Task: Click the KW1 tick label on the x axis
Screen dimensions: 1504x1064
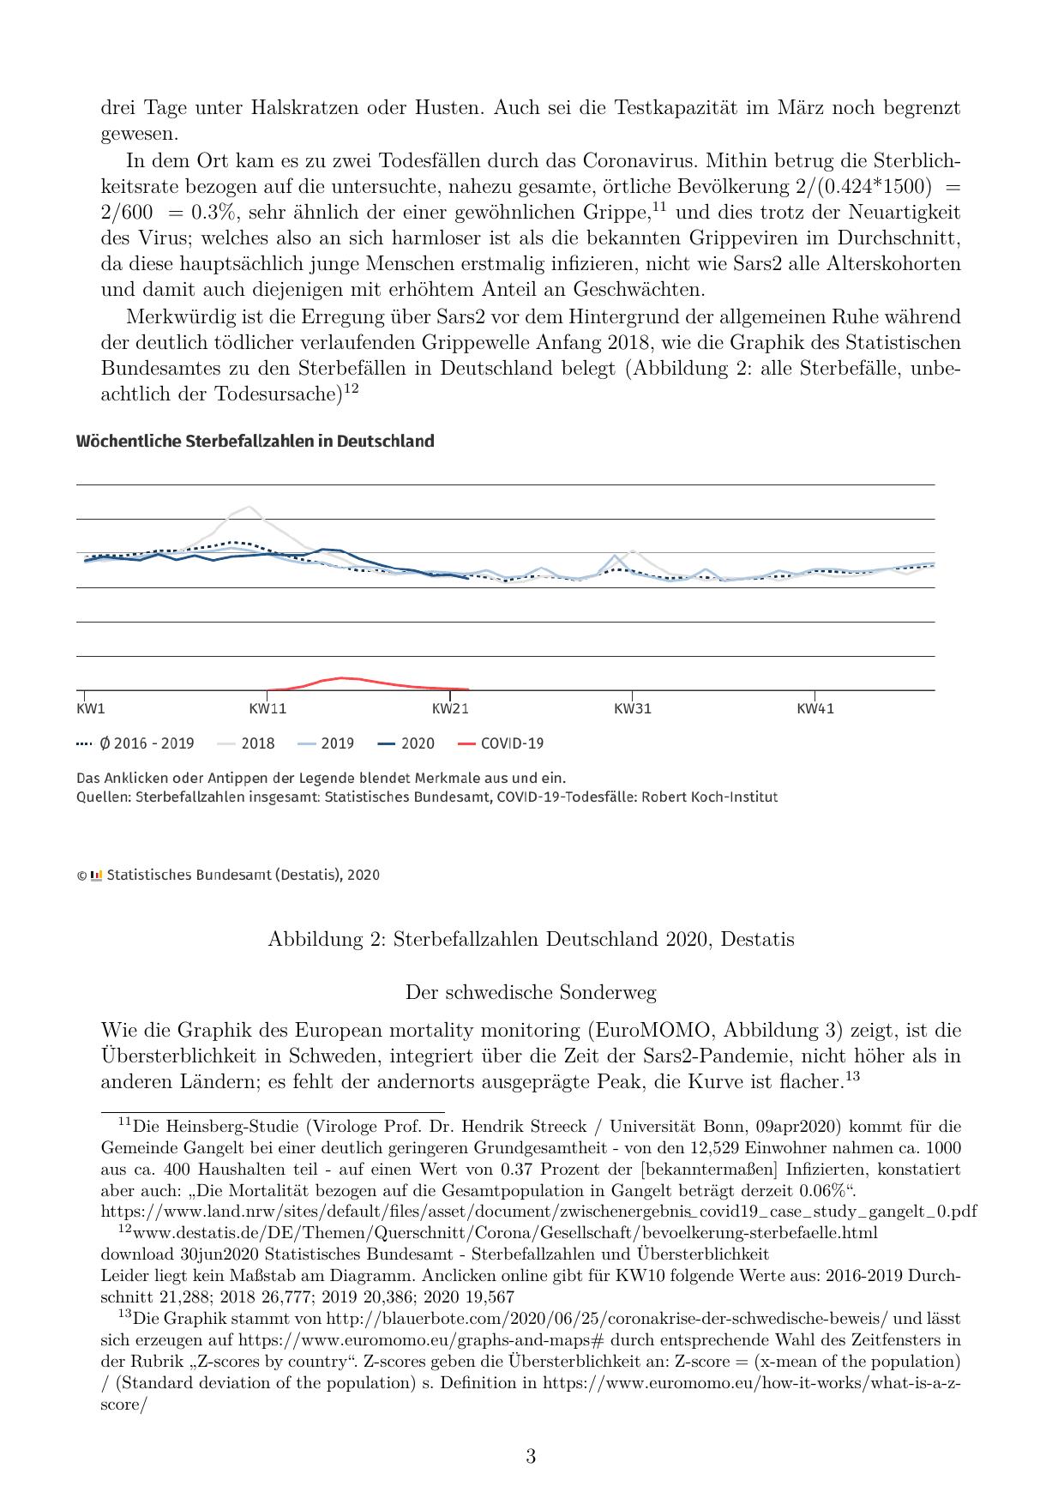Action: [91, 709]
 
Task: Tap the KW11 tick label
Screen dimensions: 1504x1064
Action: [268, 709]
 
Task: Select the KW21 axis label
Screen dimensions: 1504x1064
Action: [450, 709]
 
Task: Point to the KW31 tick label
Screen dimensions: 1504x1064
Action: [633, 709]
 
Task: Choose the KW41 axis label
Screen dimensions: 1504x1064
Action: [815, 709]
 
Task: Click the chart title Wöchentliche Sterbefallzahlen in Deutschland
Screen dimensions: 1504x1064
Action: [255, 442]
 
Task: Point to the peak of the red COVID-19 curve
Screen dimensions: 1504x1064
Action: [341, 678]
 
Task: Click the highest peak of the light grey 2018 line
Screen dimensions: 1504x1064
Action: [249, 507]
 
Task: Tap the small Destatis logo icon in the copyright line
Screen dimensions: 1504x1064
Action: [97, 875]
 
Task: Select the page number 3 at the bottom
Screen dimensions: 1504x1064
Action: [531, 1457]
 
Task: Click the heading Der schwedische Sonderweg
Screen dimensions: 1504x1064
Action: [531, 993]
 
